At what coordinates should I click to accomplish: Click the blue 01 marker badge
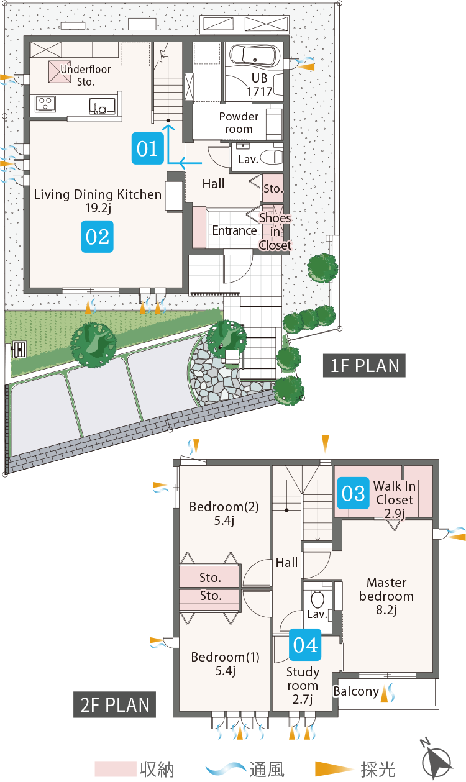coord(147,148)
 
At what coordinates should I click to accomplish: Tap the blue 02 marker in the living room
coord(97,237)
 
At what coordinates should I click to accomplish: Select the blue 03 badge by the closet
coord(353,493)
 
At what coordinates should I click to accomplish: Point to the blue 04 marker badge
coord(305,645)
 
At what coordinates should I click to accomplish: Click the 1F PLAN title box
coord(364,365)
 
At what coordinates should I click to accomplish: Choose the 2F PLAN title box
coord(114,704)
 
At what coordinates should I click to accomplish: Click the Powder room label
coord(239,122)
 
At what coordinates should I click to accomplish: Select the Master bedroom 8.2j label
coord(386,596)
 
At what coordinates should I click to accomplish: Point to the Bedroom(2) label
coord(224,507)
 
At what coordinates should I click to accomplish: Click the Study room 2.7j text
coord(303,685)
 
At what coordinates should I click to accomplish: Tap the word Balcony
coord(356,691)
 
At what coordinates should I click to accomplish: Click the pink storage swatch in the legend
coord(116,769)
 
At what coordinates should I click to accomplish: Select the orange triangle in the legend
coord(334,769)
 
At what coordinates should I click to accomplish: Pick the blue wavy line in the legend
coord(226,769)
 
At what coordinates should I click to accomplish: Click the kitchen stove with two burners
coord(45,104)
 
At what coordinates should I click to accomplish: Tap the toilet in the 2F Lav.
coord(318,599)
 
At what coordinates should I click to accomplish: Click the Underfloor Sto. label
coord(86,75)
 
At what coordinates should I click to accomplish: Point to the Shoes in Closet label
coord(275,232)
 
